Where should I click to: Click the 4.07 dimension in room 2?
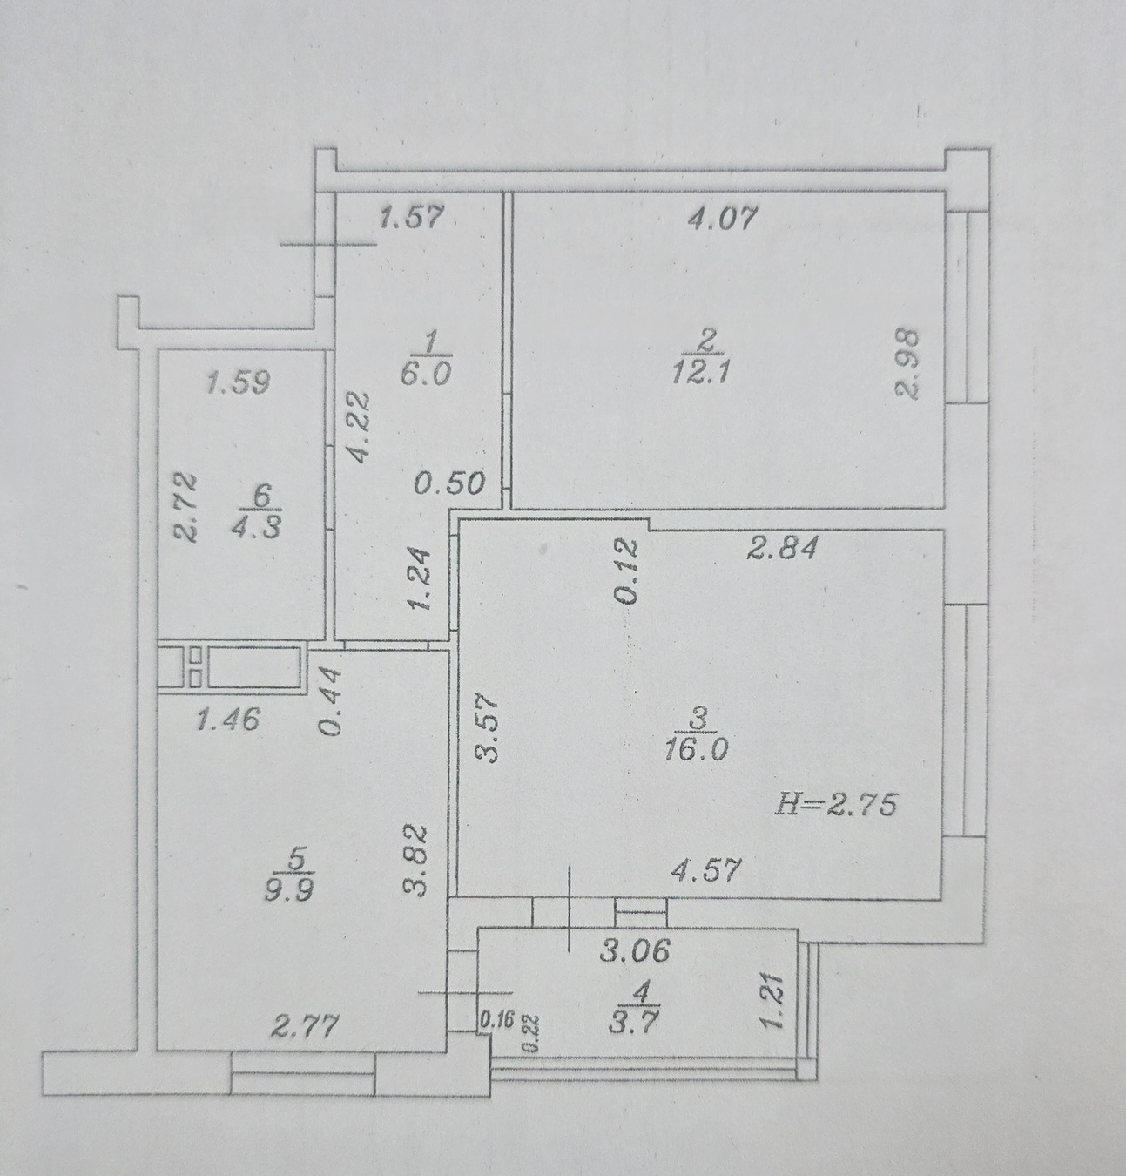pyautogui.click(x=723, y=218)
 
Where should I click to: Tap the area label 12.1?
pyautogui.click(x=700, y=372)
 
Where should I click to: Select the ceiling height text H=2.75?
pyautogui.click(x=835, y=805)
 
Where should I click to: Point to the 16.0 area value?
pyautogui.click(x=696, y=750)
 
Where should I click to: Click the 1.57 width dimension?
pyautogui.click(x=412, y=216)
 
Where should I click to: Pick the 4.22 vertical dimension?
pyautogui.click(x=358, y=428)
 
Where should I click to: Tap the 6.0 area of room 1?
pyautogui.click(x=426, y=375)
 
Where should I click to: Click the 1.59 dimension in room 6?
pyautogui.click(x=238, y=382)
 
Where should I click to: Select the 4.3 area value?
pyautogui.click(x=256, y=527)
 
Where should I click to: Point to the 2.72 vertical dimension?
pyautogui.click(x=185, y=508)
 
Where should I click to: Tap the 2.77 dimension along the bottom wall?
pyautogui.click(x=305, y=1026)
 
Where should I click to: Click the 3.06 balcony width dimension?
pyautogui.click(x=635, y=950)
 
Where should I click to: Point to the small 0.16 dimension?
pyautogui.click(x=497, y=1020)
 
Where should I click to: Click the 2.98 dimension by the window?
pyautogui.click(x=907, y=364)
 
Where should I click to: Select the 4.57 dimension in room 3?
pyautogui.click(x=705, y=870)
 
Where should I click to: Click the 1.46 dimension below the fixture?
pyautogui.click(x=229, y=720)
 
